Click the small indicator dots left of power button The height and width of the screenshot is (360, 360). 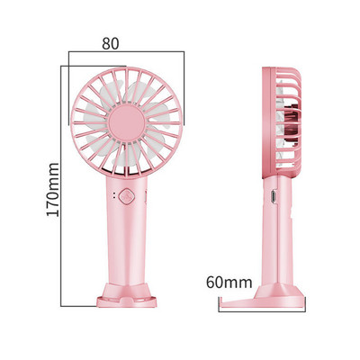(113, 197)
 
